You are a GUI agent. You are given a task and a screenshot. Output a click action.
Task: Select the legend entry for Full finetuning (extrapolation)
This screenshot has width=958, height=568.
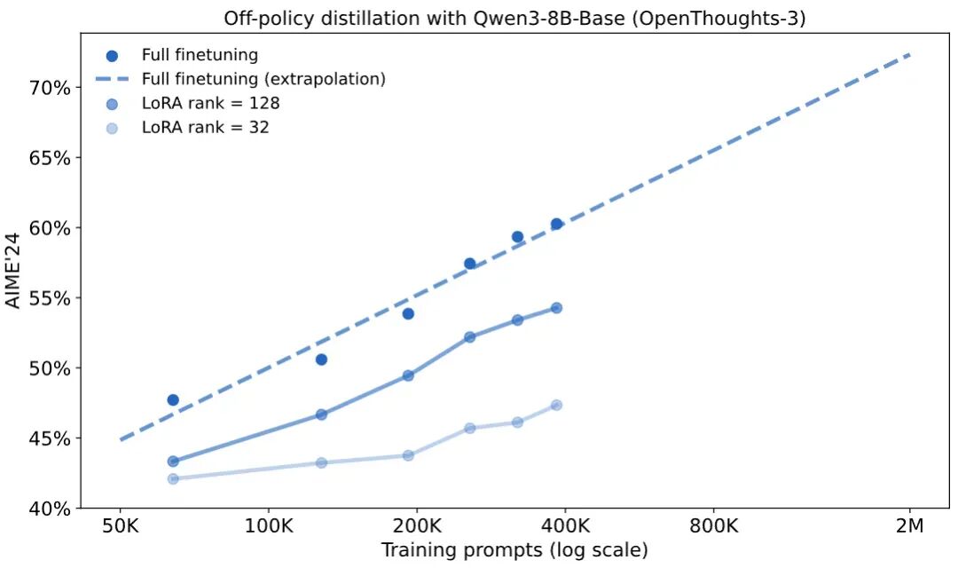point(263,79)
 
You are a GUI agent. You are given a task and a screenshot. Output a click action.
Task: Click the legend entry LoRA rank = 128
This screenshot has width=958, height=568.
point(210,103)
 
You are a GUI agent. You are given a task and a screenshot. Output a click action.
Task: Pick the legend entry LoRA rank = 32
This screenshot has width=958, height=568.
point(205,127)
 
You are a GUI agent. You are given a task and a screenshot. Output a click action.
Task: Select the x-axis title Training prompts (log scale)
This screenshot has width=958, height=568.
point(514,550)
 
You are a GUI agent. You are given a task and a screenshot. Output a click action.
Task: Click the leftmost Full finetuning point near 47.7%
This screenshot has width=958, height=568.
point(173,400)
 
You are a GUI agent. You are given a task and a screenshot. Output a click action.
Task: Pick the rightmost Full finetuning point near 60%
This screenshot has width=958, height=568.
point(556,225)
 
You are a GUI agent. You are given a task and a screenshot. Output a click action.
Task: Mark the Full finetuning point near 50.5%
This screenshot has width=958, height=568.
point(321,359)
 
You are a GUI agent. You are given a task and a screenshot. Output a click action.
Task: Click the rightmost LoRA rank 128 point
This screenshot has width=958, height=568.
point(556,308)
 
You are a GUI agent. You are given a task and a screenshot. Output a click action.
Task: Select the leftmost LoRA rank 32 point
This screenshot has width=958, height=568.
point(173,478)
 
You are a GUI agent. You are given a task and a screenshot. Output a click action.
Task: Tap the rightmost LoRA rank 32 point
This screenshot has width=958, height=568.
point(556,405)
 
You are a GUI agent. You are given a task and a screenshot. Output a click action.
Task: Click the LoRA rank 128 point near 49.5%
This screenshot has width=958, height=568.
point(408,375)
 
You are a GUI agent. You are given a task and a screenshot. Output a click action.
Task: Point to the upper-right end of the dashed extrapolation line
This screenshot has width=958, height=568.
point(909,55)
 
